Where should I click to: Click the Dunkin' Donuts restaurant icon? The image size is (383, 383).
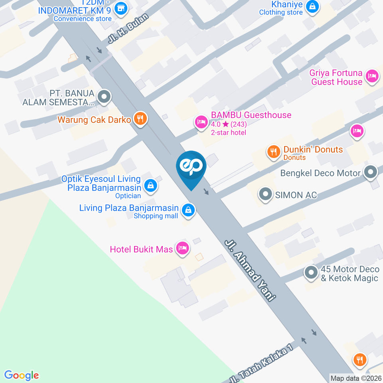273,152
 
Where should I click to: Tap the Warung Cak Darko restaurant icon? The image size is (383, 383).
140,118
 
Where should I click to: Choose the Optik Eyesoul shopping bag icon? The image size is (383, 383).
150,185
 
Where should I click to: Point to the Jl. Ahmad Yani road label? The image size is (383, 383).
250,270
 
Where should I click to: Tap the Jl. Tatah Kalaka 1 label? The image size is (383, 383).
261,362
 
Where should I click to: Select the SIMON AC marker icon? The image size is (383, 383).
265,195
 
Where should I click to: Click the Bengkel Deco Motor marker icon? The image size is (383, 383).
371,173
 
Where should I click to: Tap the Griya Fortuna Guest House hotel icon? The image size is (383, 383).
372,75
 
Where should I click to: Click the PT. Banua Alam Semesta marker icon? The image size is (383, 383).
104,97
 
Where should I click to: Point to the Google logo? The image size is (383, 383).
22,375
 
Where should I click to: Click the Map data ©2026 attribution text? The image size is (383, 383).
355,378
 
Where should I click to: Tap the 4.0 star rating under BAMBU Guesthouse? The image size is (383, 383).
229,124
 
